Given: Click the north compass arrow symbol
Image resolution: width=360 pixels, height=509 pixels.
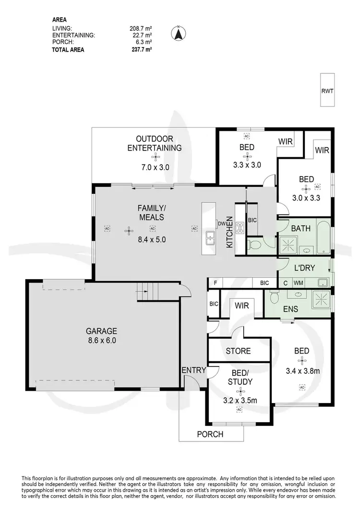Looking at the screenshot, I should click(x=178, y=34).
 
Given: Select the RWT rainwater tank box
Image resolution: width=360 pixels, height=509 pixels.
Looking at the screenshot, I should click(x=327, y=90).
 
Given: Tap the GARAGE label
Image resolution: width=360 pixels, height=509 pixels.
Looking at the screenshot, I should click(x=101, y=331).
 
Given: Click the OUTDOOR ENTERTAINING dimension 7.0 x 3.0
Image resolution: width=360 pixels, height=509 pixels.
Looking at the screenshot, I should click(x=155, y=167).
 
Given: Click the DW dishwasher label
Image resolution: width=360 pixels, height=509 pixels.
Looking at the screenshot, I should click(x=222, y=224).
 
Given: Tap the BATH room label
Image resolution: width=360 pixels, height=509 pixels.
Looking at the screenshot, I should click(x=300, y=228).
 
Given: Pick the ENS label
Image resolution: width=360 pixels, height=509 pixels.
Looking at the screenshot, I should click(x=290, y=309).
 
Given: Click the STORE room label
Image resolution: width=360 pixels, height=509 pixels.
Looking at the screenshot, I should click(x=238, y=351).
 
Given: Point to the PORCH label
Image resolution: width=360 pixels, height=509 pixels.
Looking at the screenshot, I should click(x=210, y=434).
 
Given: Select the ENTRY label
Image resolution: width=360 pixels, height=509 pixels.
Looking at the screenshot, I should click(x=194, y=370).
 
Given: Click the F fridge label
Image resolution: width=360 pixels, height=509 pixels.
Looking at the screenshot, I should click(x=216, y=283).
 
